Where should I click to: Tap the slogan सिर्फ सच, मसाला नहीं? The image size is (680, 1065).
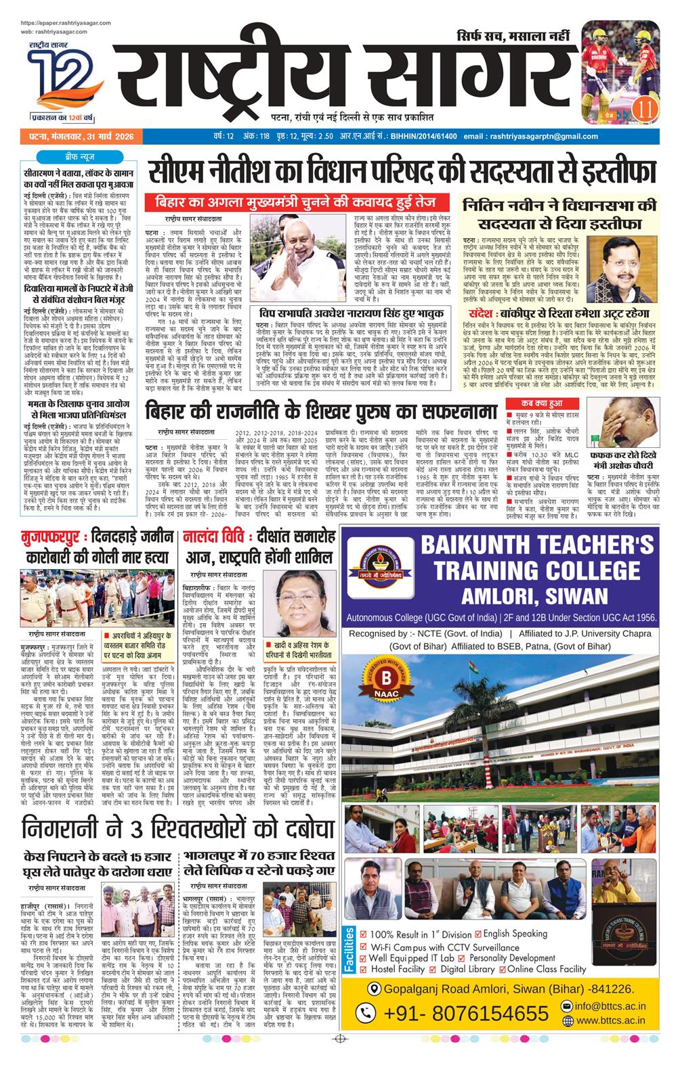coord(512,36)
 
